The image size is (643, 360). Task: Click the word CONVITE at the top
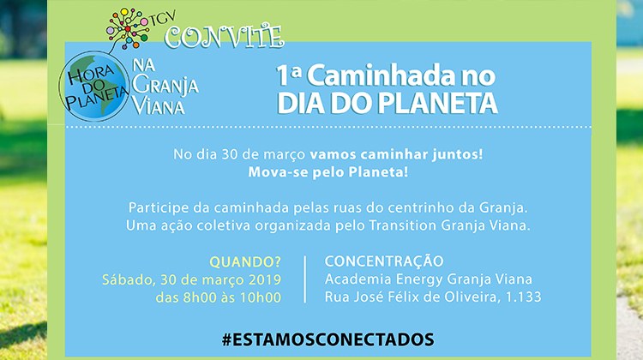(x=225, y=37)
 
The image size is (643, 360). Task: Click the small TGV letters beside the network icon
(x=164, y=18)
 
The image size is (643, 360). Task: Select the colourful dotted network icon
(x=128, y=27)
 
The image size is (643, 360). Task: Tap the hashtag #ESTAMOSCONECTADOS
(x=328, y=339)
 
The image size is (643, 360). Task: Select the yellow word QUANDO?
(x=245, y=261)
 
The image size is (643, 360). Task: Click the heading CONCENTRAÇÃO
(x=384, y=261)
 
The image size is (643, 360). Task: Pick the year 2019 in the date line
(x=265, y=279)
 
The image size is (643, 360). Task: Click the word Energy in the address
(x=419, y=280)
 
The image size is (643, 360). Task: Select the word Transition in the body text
(x=403, y=225)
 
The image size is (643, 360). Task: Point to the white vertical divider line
(x=305, y=279)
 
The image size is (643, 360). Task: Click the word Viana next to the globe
(x=159, y=107)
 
